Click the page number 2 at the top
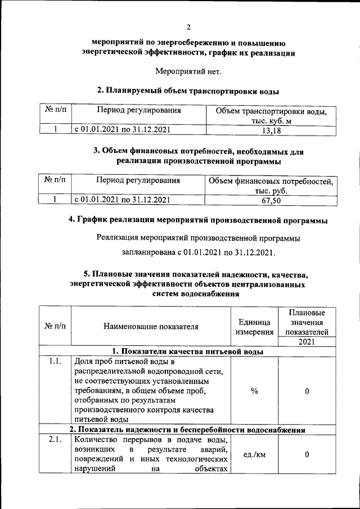coord(189,27)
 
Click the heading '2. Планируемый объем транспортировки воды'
coord(188,90)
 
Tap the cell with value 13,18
coord(272,130)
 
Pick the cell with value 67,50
coord(271,200)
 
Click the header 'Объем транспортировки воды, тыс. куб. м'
coord(272,115)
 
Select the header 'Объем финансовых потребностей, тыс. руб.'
coord(271,186)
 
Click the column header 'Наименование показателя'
coord(151,326)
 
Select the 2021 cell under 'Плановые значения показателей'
coord(307,341)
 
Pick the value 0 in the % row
coord(307,391)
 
